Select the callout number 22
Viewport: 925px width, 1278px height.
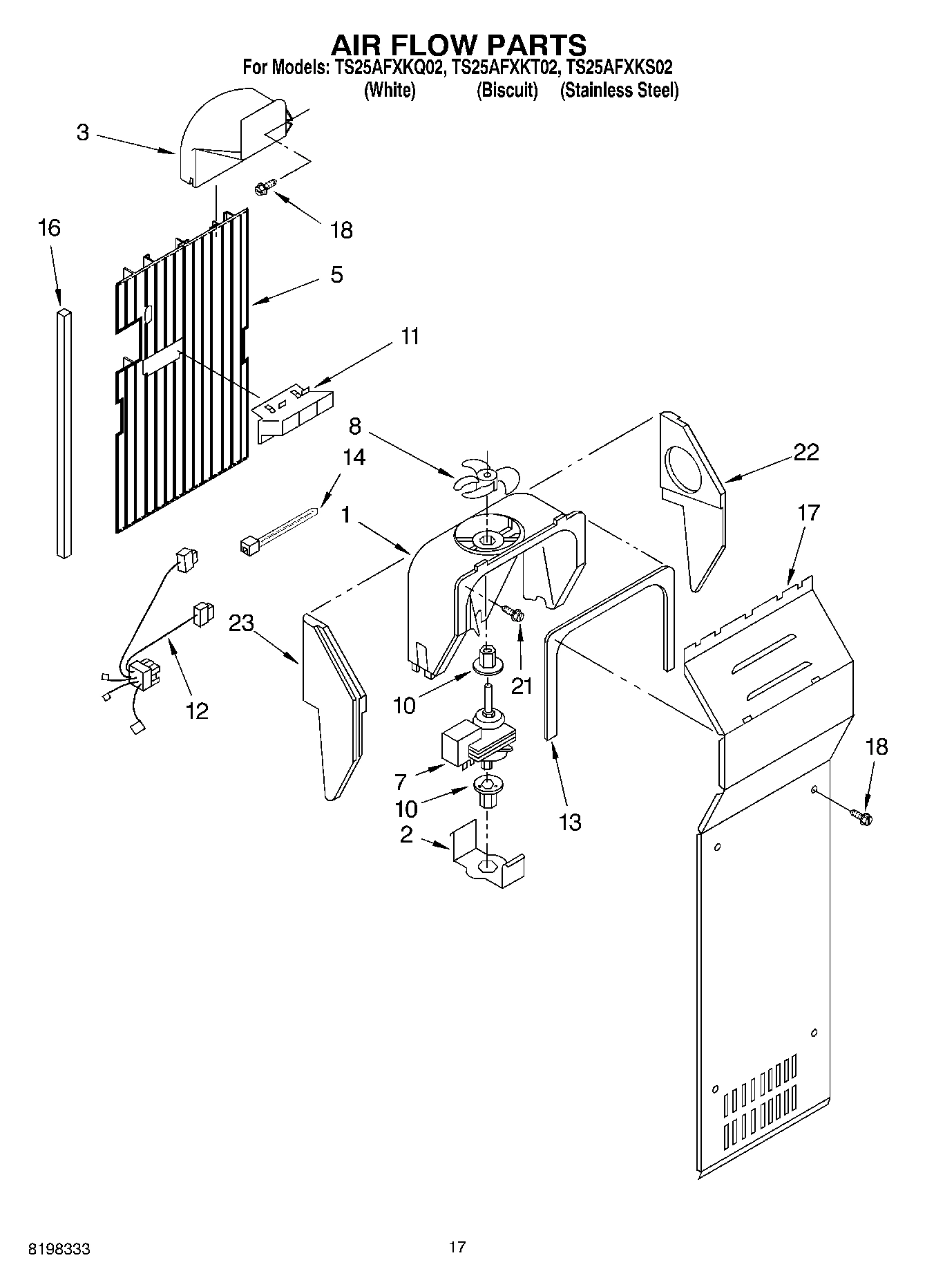(805, 452)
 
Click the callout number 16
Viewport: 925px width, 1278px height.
(49, 227)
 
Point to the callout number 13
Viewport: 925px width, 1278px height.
(569, 822)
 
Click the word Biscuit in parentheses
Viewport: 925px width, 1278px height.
(507, 91)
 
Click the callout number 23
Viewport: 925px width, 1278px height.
(241, 623)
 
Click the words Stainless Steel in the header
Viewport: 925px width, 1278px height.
(620, 91)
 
